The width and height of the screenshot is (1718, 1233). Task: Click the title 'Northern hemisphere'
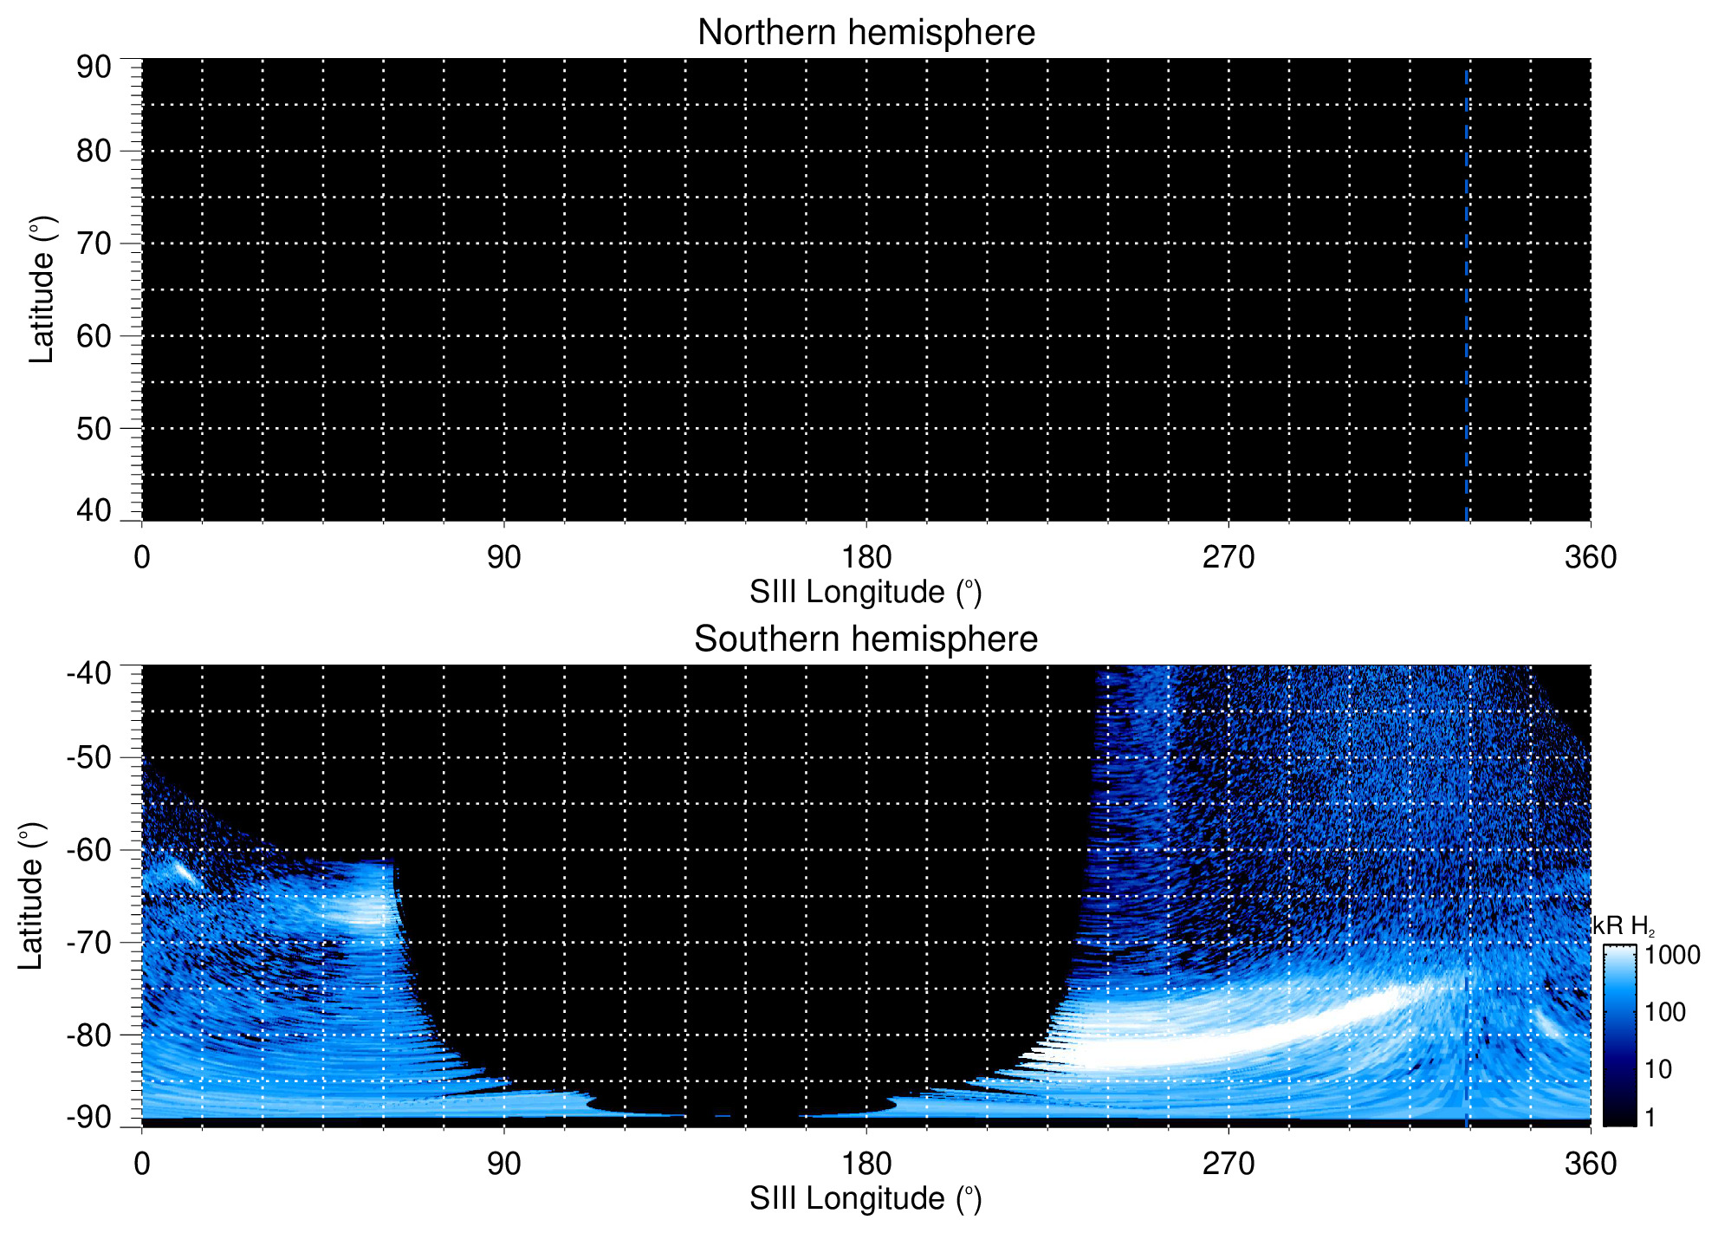[x=865, y=33]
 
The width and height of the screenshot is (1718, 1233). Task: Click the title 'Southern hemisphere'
[x=865, y=639]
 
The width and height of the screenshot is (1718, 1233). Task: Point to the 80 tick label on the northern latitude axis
[x=94, y=151]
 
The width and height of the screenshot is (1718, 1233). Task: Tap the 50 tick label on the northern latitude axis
[x=94, y=428]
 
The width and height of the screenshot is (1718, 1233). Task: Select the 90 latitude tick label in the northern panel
[x=94, y=67]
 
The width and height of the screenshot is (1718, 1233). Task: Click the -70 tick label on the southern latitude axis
[x=89, y=942]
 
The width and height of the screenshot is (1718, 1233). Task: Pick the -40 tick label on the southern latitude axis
[x=89, y=672]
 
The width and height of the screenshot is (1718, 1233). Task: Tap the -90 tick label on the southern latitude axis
[x=89, y=1117]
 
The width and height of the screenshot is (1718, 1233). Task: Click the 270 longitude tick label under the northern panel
[x=1228, y=557]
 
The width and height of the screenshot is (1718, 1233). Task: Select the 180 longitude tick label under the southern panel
[x=865, y=1164]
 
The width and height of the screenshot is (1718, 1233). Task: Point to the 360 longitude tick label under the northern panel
[x=1590, y=557]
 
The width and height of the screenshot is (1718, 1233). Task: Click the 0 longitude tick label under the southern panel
[x=142, y=1164]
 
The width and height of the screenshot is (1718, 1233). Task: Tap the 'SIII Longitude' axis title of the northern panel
[x=865, y=593]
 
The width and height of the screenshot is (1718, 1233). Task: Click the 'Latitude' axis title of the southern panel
[x=31, y=896]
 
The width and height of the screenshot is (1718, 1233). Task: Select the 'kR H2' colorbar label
[x=1624, y=926]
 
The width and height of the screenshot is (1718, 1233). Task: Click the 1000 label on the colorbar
[x=1672, y=955]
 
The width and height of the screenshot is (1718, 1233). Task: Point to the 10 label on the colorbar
[x=1658, y=1069]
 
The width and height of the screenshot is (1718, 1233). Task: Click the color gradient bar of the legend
[x=1618, y=1035]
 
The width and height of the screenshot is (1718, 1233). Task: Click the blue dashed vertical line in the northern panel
[x=1466, y=295]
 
